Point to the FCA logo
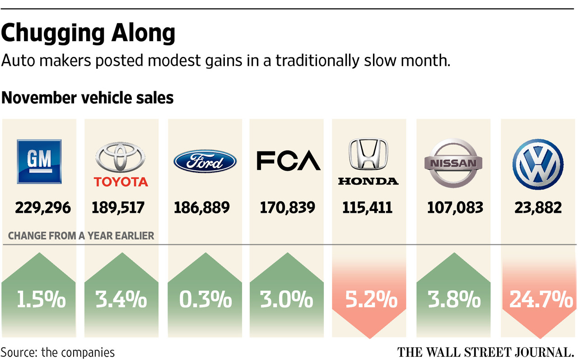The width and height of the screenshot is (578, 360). coord(288,161)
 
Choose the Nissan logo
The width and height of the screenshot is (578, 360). coord(452,163)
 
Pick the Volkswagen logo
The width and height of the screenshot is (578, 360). coord(538,163)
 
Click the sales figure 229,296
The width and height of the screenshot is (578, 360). coord(43,207)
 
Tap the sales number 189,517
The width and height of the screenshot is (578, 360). coord(118,207)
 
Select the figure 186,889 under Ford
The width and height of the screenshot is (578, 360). coord(202,207)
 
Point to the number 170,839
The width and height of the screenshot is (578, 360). coord(287,207)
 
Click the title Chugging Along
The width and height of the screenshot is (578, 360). coord(88,34)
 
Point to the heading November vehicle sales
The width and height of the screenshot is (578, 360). coord(88,98)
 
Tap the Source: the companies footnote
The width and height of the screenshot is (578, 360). coord(57,352)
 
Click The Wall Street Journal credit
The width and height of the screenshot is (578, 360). coord(485,352)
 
